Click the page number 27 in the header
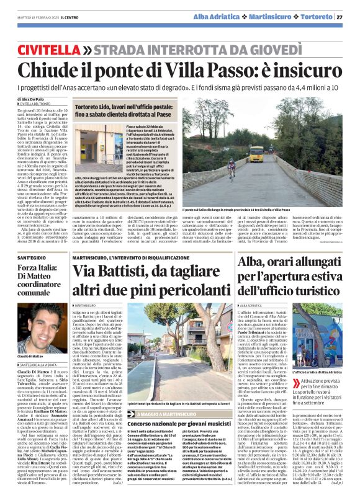[352, 17]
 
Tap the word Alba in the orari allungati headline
[253, 263]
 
